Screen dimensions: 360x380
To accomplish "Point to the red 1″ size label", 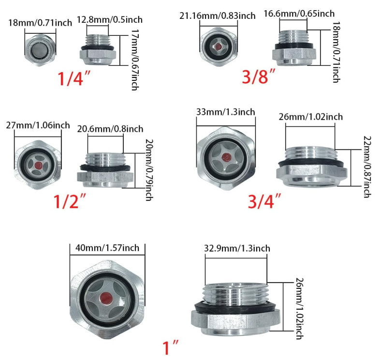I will [170, 347].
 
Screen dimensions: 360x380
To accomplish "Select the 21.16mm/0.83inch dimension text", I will [217, 16].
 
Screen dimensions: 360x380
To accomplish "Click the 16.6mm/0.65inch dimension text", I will [299, 14].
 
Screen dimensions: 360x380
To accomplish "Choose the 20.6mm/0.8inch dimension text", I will [110, 128].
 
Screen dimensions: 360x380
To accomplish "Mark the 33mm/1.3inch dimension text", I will [225, 112].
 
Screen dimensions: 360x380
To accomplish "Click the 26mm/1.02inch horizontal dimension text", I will [311, 116].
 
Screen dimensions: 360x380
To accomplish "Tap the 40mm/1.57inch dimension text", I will [107, 248].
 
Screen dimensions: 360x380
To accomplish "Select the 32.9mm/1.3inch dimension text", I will [237, 248].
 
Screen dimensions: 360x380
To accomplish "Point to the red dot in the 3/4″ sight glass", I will [225, 157].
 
